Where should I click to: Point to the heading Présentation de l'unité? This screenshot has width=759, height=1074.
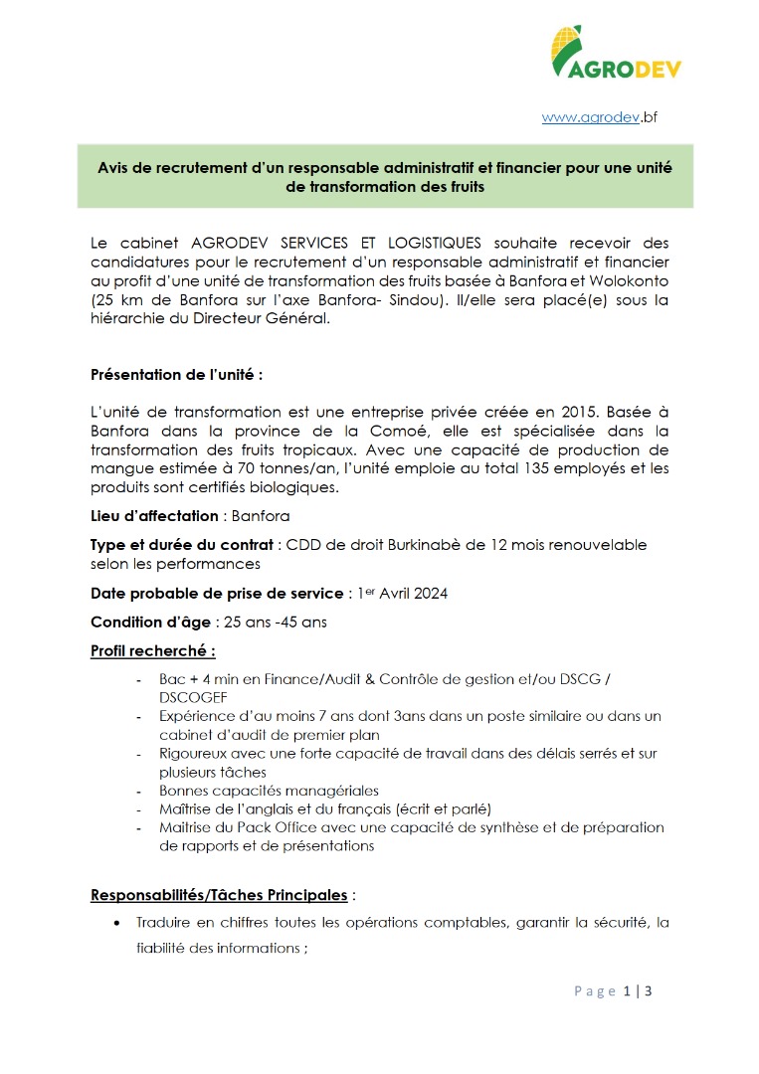click(176, 375)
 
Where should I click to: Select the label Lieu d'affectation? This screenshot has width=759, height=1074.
click(154, 515)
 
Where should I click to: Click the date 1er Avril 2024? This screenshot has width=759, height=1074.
click(401, 594)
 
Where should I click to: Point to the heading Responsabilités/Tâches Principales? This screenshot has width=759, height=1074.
click(219, 895)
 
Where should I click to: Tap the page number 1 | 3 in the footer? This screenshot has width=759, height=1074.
click(637, 990)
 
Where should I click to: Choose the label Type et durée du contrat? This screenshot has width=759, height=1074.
click(181, 544)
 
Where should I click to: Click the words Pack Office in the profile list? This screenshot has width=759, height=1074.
click(252, 827)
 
